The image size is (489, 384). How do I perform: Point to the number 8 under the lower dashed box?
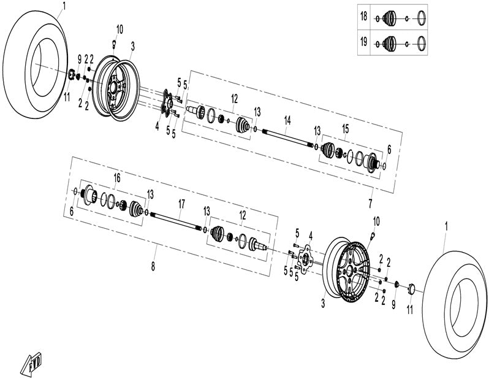pos(153,266)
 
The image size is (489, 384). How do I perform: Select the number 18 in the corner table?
pos(364,18)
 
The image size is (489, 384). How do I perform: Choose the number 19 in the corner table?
pos(364,42)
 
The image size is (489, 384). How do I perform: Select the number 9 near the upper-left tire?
pos(79,58)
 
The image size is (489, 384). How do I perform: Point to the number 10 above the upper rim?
pos(119,29)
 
